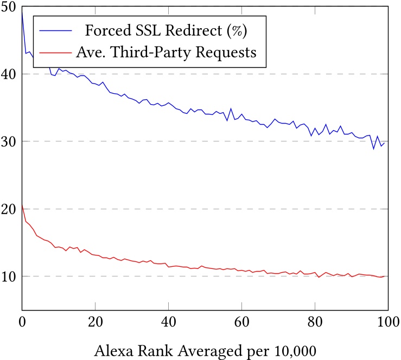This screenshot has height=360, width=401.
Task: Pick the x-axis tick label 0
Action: [x=22, y=320]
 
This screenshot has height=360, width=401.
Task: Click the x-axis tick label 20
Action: [x=96, y=320]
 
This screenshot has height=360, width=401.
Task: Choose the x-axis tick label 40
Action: [x=169, y=320]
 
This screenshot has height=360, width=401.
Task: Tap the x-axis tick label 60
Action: [x=241, y=320]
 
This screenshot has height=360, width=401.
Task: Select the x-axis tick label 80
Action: [x=315, y=320]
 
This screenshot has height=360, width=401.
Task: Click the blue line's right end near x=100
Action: [x=384, y=143]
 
